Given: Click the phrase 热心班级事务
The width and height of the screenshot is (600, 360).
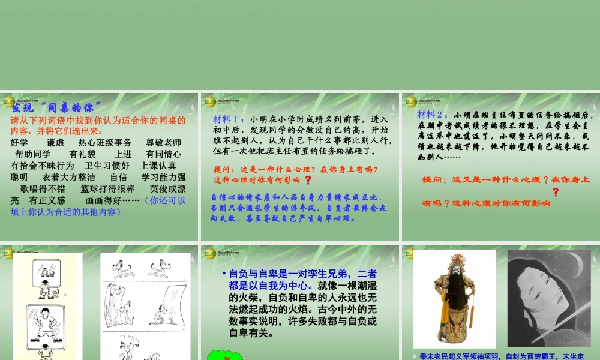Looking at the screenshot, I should tap(105, 142).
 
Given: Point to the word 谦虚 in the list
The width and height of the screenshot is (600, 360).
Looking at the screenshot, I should tap(55, 142).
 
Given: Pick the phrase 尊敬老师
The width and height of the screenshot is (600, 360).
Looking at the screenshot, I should tap(164, 142).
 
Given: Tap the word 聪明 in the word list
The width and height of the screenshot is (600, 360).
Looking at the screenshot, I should tap(19, 177).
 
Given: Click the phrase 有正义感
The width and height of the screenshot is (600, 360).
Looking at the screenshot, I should tap(47, 200).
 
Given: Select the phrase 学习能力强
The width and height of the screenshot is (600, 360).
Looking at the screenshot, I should tap(163, 177).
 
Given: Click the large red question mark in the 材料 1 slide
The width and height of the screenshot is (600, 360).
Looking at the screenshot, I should tap(308, 180).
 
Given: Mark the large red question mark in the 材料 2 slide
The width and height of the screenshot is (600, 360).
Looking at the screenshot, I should tap(556, 192).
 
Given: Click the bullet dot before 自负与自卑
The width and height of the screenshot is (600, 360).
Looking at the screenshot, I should tap(223, 273).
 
